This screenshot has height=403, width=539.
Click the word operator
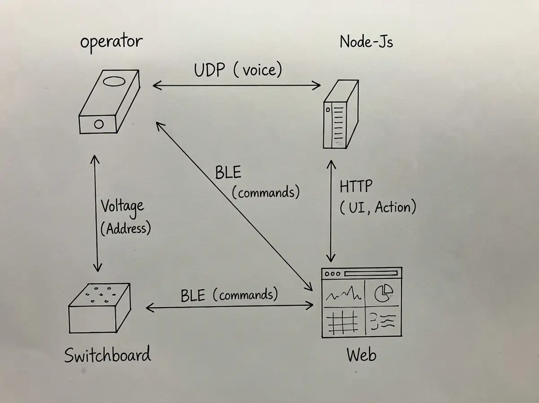point(111,42)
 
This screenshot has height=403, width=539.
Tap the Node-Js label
point(367,42)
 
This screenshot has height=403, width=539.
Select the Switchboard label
point(107,355)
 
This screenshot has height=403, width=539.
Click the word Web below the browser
point(361,355)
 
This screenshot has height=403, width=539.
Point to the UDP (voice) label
point(238,70)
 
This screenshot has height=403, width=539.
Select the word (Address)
point(125,228)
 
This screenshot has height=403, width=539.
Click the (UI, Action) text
point(378,207)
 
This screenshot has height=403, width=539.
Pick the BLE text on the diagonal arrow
point(228,173)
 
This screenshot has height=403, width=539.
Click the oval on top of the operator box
point(112,82)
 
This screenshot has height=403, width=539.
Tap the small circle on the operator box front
point(98,124)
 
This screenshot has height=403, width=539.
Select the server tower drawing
point(341,115)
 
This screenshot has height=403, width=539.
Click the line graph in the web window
point(344,295)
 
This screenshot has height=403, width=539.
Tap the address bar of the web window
point(371,273)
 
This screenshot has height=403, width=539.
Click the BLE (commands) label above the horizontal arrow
point(229,296)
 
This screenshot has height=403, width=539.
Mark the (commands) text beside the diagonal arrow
point(265,193)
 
